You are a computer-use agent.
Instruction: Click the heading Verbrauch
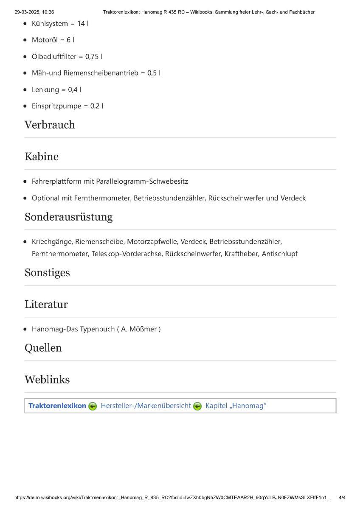[50, 125]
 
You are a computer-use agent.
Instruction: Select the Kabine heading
[42, 157]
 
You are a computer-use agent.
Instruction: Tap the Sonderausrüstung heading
[68, 217]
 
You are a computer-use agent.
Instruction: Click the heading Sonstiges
[47, 272]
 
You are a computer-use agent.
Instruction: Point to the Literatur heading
[46, 304]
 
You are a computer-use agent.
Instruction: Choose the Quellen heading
[43, 348]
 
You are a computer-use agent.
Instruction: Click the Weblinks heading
[47, 379]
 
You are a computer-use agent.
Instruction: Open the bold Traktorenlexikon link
[57, 406]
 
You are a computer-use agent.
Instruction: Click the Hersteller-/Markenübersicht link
[146, 406]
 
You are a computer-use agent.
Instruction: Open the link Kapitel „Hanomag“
[236, 406]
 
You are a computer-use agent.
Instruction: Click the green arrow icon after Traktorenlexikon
[93, 406]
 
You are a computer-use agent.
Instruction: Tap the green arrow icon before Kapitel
[197, 406]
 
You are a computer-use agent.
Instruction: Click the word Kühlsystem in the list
[50, 23]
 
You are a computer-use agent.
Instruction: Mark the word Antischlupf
[280, 254]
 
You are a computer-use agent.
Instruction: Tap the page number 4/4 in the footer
[342, 497]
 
